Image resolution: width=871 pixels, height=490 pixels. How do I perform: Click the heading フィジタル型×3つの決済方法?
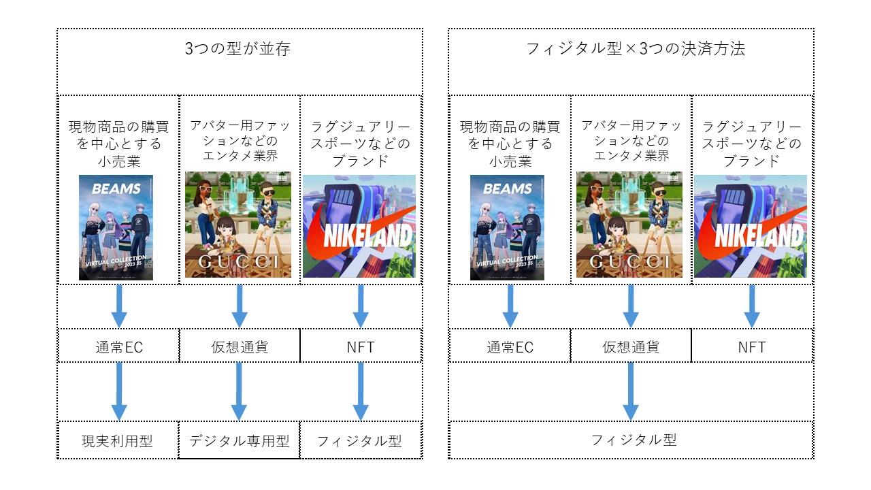636,50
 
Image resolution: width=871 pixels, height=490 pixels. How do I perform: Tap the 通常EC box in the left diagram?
119,346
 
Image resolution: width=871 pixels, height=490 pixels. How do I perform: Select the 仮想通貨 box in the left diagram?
240,346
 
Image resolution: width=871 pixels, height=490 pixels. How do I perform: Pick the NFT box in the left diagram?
361,346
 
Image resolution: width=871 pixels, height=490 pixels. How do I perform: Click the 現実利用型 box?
118,441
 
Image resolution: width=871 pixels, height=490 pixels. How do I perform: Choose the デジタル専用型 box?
239,441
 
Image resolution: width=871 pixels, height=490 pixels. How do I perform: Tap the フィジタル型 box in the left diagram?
361,441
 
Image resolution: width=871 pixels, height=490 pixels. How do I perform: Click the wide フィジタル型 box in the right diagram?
631,440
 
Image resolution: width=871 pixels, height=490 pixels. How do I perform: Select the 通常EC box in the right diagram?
510,346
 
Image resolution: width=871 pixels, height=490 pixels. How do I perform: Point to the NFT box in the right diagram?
752,346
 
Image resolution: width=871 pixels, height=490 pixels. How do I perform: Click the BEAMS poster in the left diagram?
116,227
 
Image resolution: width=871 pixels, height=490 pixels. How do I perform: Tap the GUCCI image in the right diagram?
629,225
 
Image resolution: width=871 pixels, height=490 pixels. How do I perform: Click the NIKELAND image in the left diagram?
359,226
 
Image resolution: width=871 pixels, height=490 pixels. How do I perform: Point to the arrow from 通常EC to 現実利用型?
119,391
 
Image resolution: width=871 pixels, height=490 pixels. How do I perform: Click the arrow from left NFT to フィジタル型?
361,391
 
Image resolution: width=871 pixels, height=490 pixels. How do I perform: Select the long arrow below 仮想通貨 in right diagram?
631,391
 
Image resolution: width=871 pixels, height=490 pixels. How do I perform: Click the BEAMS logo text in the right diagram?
507,189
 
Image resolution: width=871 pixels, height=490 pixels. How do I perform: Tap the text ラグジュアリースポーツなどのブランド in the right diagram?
752,144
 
